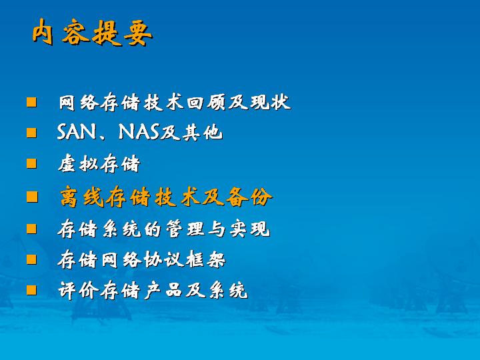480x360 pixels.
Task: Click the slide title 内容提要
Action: [92, 32]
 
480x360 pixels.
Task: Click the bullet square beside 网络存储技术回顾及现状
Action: [31, 102]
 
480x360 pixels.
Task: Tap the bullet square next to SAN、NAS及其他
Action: [31, 133]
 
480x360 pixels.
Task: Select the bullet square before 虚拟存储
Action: [31, 163]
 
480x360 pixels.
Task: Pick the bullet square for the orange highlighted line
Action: [32, 197]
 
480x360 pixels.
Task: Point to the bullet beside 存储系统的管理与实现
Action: [31, 229]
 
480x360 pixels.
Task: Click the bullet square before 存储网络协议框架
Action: [31, 259]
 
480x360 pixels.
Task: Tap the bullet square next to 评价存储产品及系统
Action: [31, 290]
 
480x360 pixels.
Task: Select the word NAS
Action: [139, 132]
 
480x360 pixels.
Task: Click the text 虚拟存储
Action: [99, 164]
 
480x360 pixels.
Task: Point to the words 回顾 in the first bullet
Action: [206, 102]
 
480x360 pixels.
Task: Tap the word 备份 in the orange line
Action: [249, 197]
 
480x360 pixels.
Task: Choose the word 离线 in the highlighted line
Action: [82, 197]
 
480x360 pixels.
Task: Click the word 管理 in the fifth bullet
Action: [185, 229]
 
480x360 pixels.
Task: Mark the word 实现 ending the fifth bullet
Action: [250, 229]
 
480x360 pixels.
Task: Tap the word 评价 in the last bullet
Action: [78, 291]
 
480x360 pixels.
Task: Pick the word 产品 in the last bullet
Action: [163, 291]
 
